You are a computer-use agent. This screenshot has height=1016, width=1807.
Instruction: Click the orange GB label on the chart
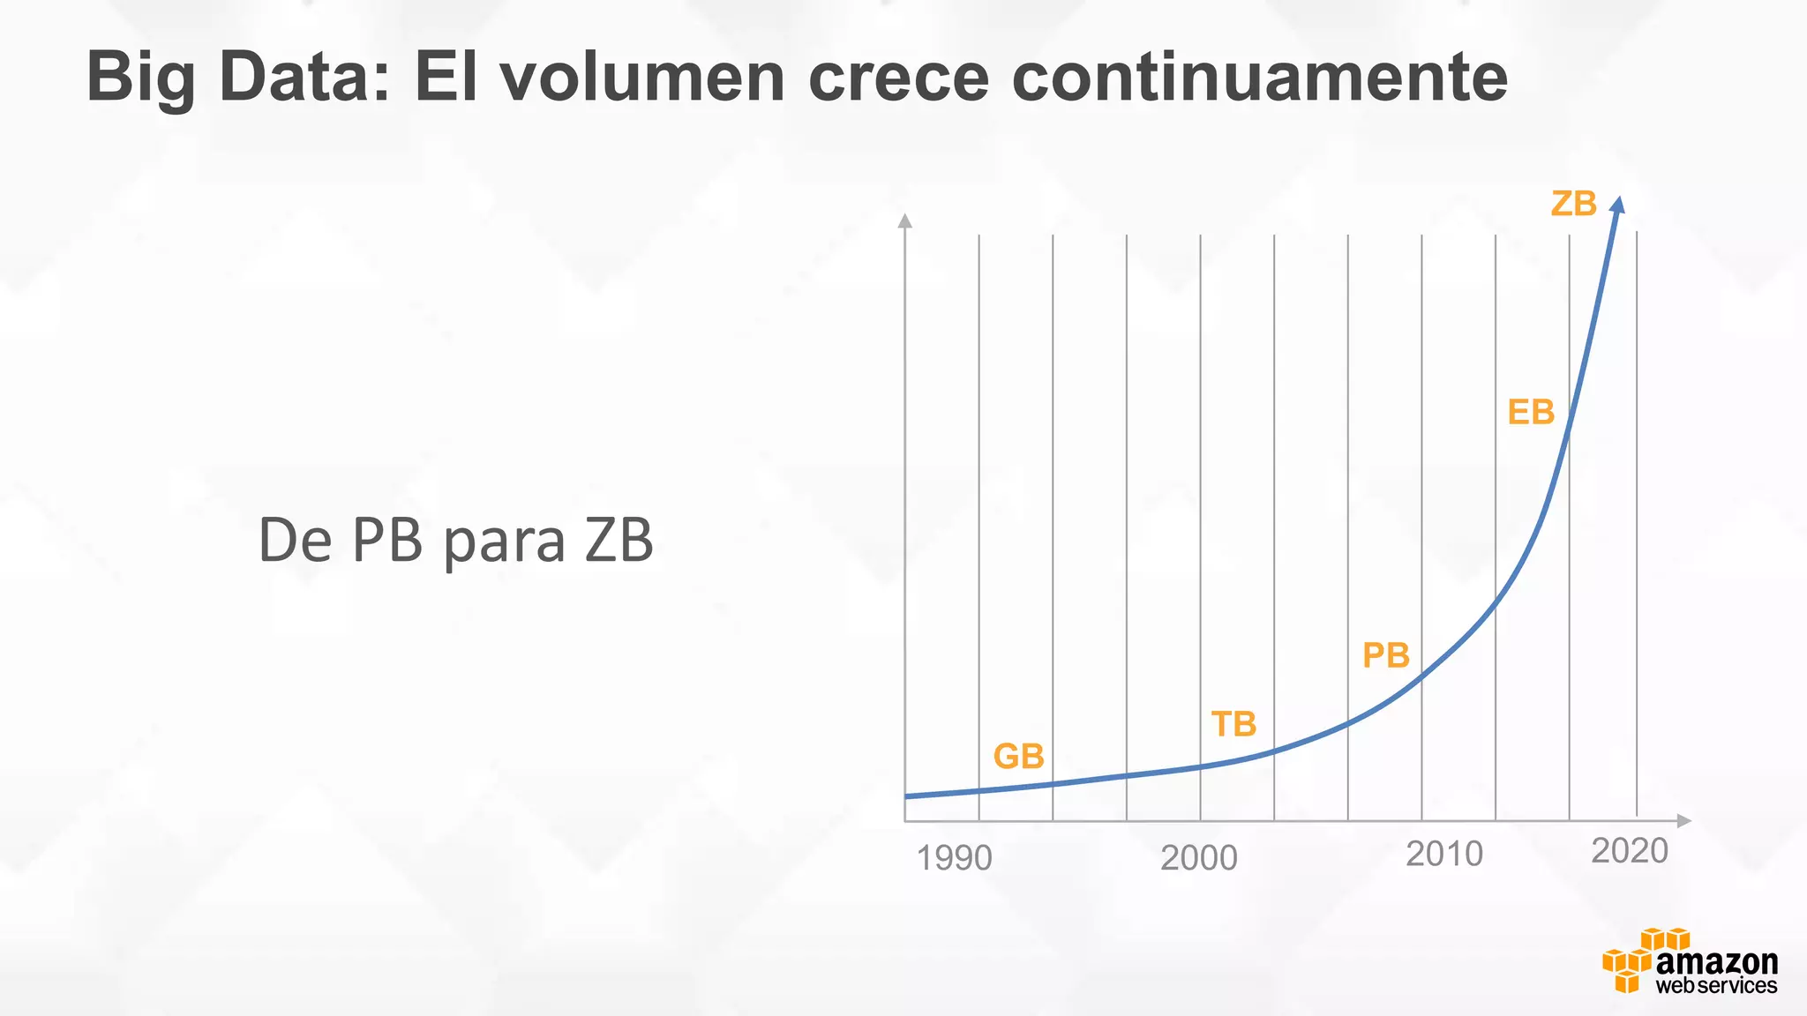pyautogui.click(x=1018, y=757)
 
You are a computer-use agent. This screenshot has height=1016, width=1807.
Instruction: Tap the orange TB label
pyautogui.click(x=1233, y=724)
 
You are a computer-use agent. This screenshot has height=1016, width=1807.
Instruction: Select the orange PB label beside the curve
pyautogui.click(x=1385, y=655)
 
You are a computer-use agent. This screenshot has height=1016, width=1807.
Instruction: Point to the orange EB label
pyautogui.click(x=1531, y=412)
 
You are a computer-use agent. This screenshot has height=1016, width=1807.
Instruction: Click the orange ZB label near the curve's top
pyautogui.click(x=1573, y=204)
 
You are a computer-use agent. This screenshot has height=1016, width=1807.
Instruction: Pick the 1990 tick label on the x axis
pyautogui.click(x=954, y=858)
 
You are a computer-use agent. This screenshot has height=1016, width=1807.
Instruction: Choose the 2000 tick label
pyautogui.click(x=1198, y=858)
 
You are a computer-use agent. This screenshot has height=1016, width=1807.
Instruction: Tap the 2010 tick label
pyautogui.click(x=1444, y=854)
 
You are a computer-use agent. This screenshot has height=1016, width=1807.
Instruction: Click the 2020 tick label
pyautogui.click(x=1629, y=851)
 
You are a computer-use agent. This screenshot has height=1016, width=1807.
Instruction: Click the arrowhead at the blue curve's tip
pyautogui.click(x=1617, y=204)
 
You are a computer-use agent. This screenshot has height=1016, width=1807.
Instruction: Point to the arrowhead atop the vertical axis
pyautogui.click(x=904, y=220)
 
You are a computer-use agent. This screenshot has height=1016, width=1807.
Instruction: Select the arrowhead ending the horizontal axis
pyautogui.click(x=1683, y=820)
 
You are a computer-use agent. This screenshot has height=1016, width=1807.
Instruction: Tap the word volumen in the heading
pyautogui.click(x=642, y=78)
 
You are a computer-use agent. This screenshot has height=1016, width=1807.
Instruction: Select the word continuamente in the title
pyautogui.click(x=1259, y=78)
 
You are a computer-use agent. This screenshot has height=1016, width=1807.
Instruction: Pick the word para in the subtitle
pyautogui.click(x=503, y=542)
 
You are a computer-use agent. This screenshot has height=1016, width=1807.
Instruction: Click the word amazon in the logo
pyautogui.click(x=1716, y=961)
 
